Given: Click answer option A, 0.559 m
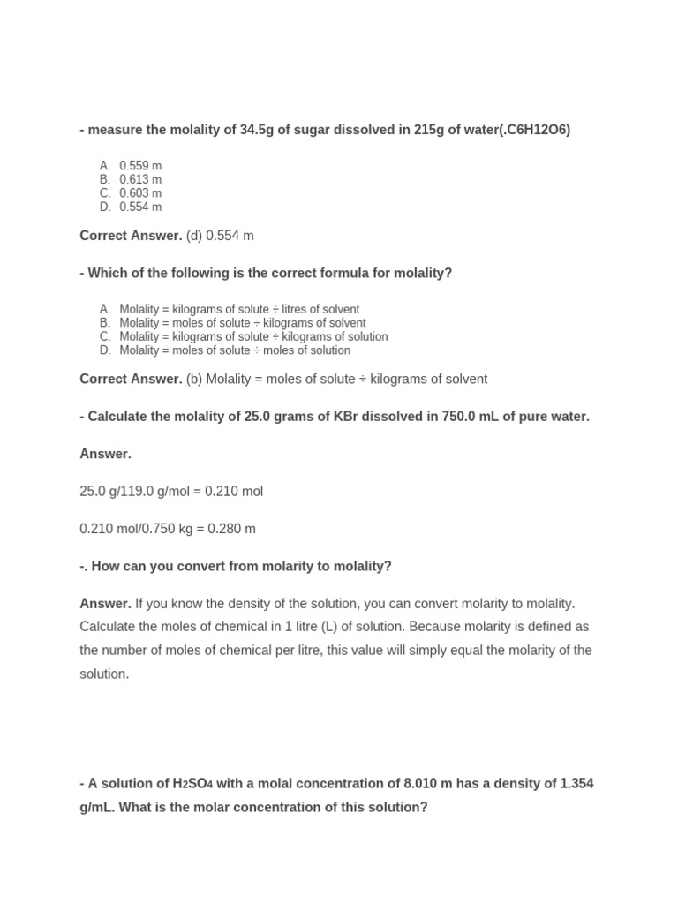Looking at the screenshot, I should click(x=140, y=165).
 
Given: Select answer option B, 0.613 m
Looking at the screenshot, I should click(x=140, y=179).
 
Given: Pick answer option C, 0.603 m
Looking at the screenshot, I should click(x=140, y=192).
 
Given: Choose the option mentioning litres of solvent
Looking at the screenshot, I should click(x=239, y=309).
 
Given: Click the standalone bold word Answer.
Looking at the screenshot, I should click(x=105, y=454).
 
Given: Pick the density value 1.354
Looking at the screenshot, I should click(x=576, y=784).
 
